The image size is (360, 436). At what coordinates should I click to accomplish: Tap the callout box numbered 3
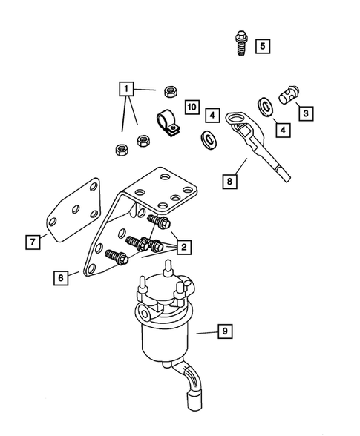pyautogui.click(x=304, y=113)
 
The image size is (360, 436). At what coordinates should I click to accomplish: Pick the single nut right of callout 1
pyautogui.click(x=170, y=91)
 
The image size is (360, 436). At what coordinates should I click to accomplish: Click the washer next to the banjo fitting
pyautogui.click(x=264, y=103)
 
